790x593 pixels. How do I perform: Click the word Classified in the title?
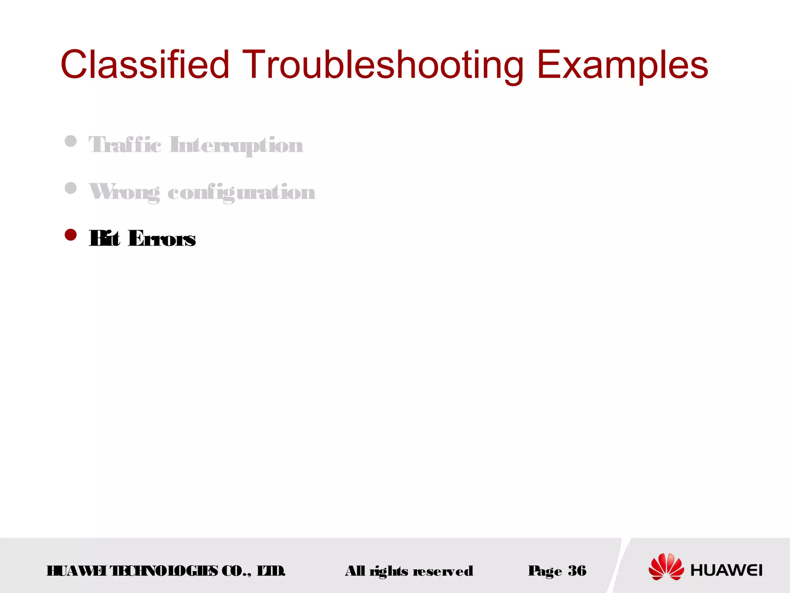click(x=145, y=64)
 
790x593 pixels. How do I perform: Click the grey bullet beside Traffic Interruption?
click(x=71, y=141)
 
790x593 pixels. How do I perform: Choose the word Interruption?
click(x=236, y=146)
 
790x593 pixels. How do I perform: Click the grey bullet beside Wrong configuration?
click(x=71, y=188)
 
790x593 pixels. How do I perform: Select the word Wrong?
click(x=124, y=192)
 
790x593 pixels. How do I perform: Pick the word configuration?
click(x=241, y=192)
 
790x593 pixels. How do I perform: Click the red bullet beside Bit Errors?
click(x=71, y=235)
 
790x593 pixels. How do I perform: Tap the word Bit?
click(x=104, y=238)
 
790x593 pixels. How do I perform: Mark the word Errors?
click(x=162, y=239)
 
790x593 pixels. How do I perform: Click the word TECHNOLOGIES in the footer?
click(x=164, y=571)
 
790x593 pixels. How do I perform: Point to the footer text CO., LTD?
click(x=253, y=571)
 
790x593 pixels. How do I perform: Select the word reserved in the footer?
click(x=443, y=571)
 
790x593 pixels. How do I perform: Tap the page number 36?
click(x=577, y=570)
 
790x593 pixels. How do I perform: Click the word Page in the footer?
click(x=545, y=571)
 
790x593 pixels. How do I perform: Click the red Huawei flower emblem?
click(x=666, y=566)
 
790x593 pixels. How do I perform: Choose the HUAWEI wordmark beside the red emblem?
click(x=726, y=570)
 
